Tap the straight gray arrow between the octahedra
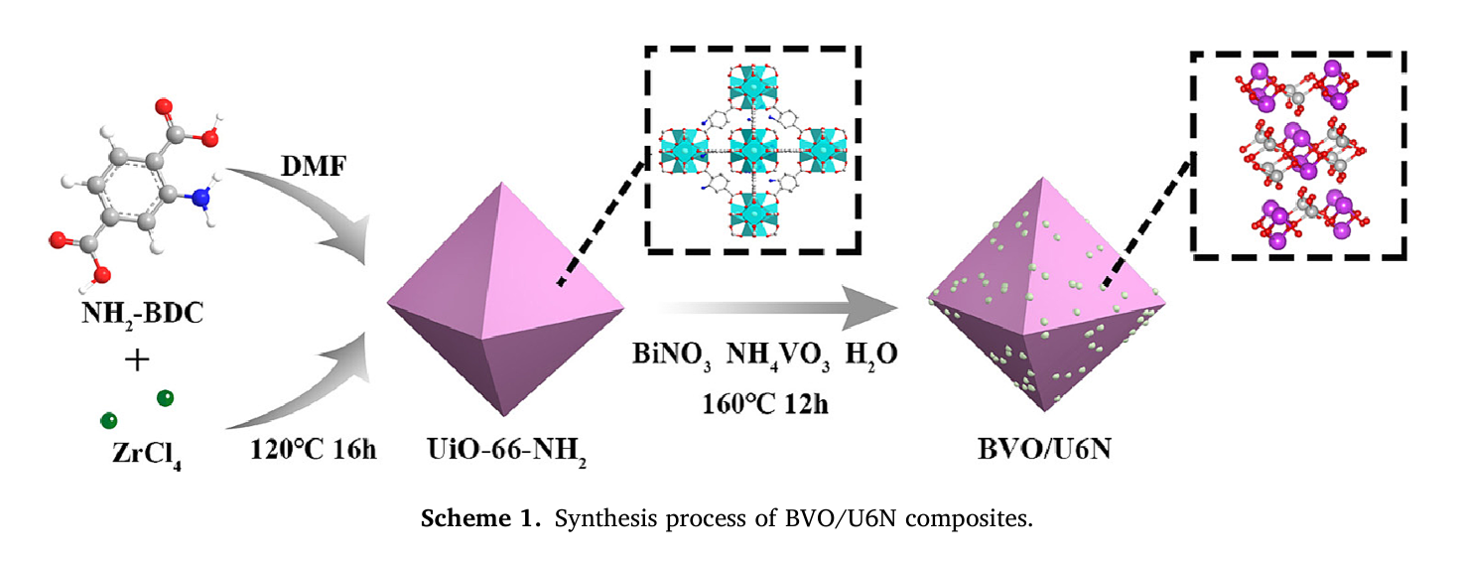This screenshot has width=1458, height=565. pos(774,309)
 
